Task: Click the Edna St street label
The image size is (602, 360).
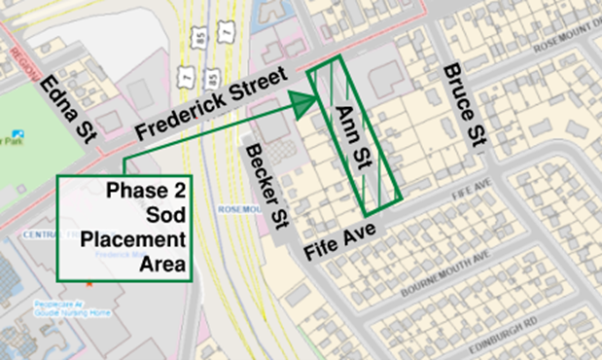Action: (68, 111)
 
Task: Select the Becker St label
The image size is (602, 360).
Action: (268, 186)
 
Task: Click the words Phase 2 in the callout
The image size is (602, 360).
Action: (148, 190)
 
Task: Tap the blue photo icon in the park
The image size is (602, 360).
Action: (17, 133)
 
